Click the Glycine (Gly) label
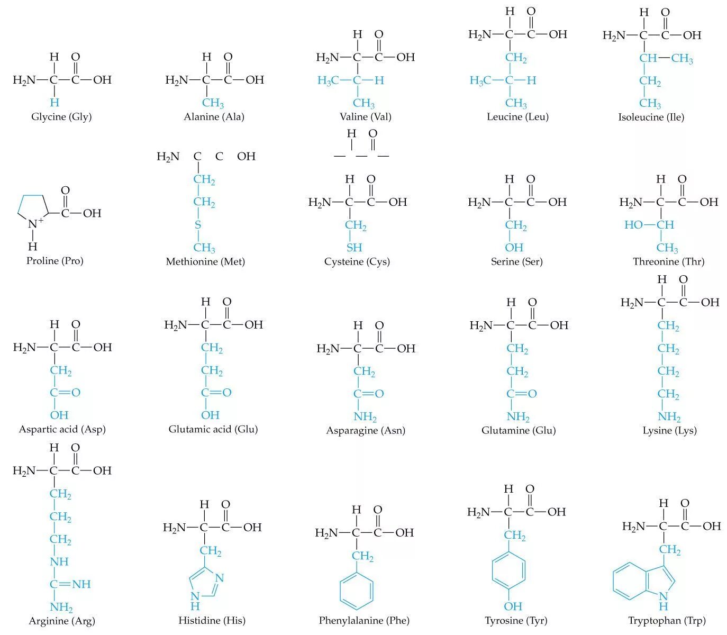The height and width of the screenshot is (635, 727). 61,117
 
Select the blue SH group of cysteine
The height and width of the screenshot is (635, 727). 355,248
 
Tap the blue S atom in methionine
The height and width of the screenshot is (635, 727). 198,225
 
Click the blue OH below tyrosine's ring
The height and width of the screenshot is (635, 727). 513,606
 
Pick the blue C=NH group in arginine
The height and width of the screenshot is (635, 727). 70,584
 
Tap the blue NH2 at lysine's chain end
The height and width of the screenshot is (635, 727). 669,417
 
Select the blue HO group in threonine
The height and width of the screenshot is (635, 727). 633,225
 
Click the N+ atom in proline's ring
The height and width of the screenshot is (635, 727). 35,223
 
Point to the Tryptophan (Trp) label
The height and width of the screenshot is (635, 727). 667,620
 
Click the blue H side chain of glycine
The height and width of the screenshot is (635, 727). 54,102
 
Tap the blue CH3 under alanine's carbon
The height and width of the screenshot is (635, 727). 213,103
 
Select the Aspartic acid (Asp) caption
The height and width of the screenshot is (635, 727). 62,429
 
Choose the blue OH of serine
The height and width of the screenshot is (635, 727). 514,248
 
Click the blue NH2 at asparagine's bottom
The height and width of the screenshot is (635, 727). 365,417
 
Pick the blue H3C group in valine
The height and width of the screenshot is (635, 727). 328,80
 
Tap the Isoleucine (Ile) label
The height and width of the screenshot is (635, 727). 651,117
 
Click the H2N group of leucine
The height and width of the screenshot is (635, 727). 480,35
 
